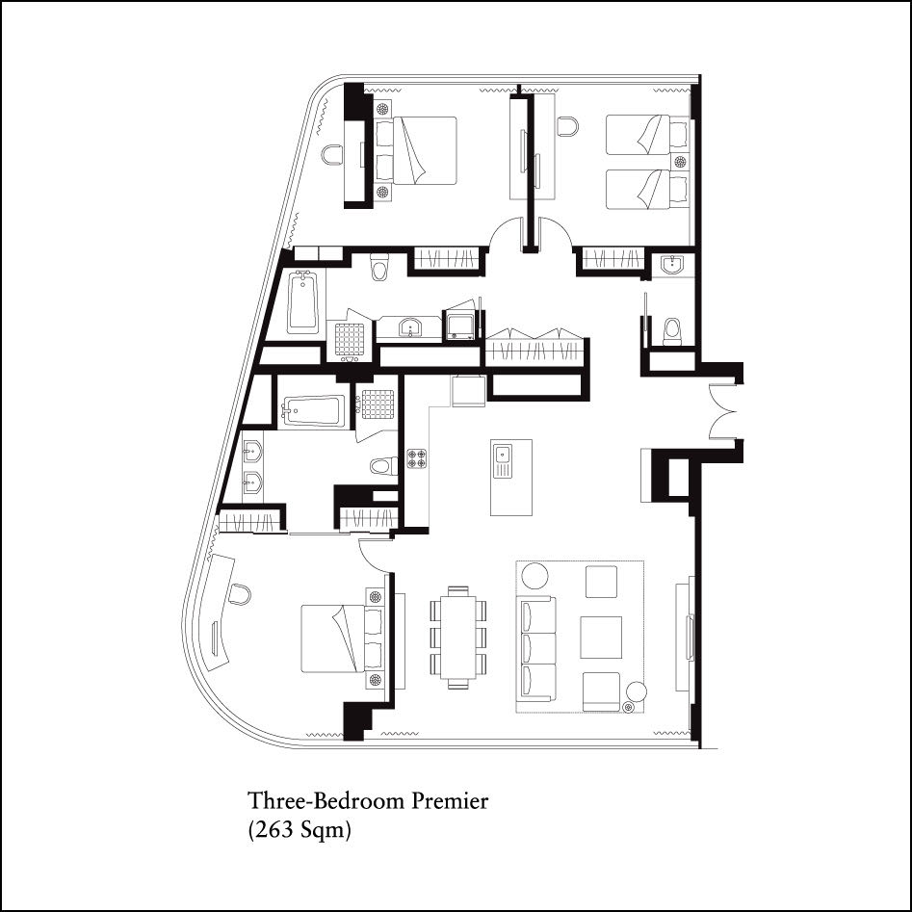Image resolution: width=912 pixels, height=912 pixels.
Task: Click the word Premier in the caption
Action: tap(450, 801)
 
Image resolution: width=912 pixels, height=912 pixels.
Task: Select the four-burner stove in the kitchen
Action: tap(417, 458)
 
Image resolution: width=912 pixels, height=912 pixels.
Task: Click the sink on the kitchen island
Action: tap(503, 460)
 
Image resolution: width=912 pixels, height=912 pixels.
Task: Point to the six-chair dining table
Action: tap(458, 638)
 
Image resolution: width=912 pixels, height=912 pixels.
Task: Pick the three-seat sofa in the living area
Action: tap(537, 648)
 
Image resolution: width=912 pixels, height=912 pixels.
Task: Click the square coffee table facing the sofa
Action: tap(601, 637)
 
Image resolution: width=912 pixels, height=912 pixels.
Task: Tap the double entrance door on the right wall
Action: tap(722, 413)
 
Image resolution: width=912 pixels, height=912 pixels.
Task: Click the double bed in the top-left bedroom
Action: tap(416, 150)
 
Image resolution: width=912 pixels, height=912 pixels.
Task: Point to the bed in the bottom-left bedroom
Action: tap(342, 638)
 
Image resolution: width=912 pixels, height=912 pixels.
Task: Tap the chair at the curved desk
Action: tap(239, 594)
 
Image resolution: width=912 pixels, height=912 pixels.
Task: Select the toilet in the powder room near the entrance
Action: tap(672, 331)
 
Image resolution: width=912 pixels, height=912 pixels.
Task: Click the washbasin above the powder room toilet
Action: tap(674, 265)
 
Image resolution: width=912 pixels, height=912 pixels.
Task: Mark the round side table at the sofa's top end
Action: tap(534, 576)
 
